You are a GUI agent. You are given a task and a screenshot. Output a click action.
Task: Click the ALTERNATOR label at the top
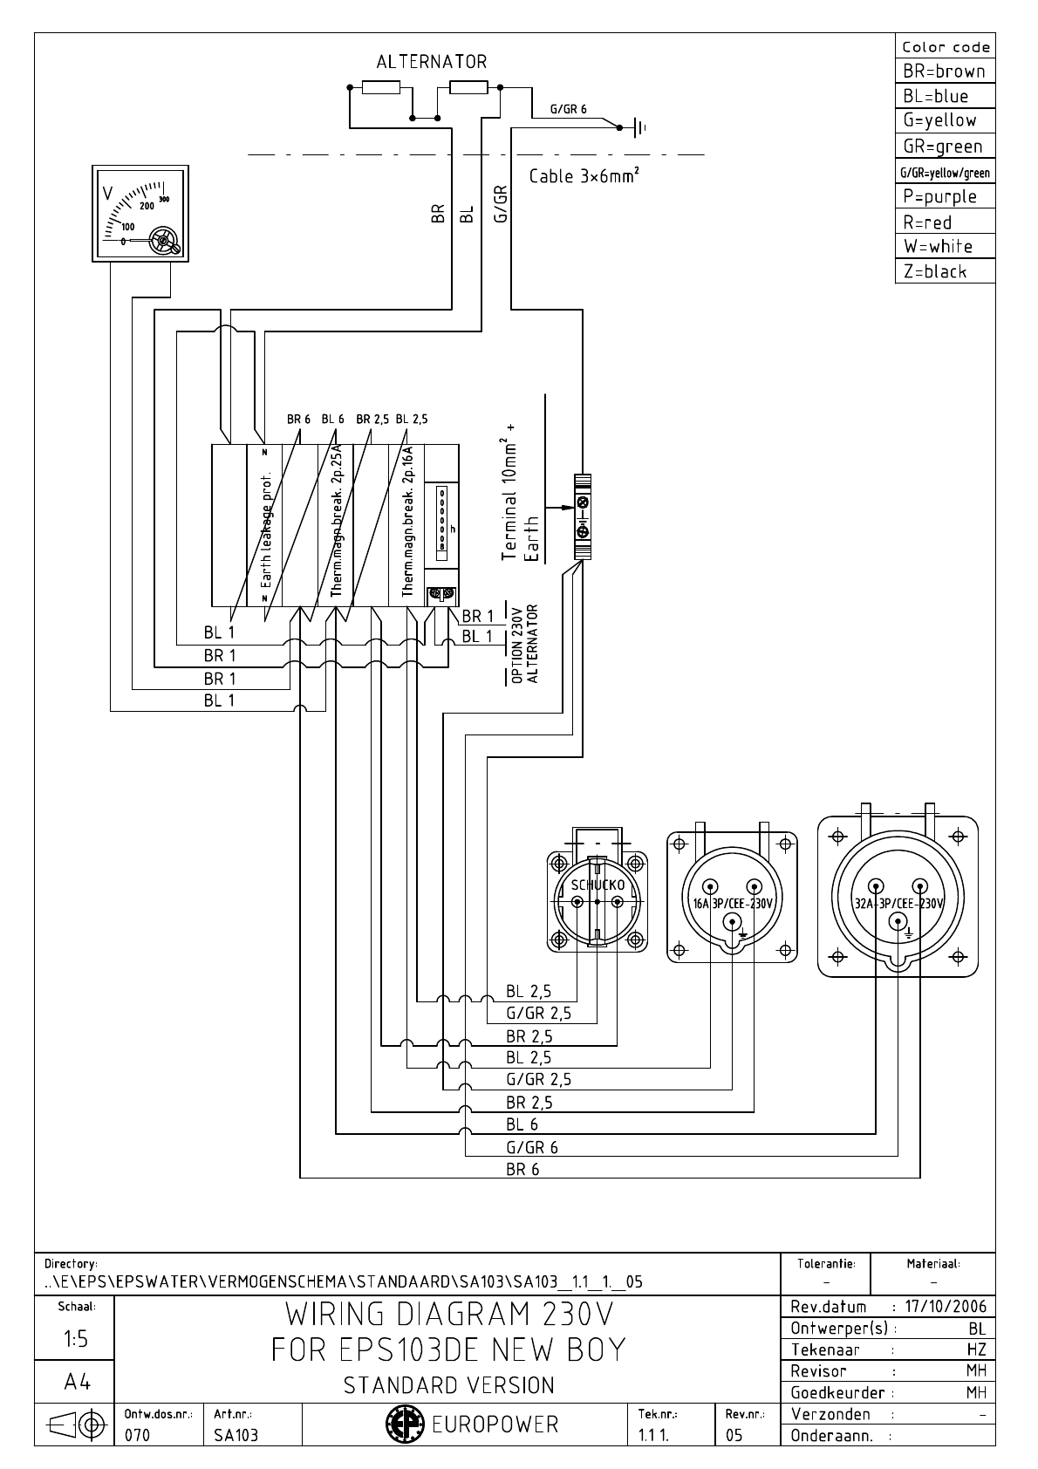[431, 62]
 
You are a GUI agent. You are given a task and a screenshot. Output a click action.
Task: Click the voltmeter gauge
[144, 213]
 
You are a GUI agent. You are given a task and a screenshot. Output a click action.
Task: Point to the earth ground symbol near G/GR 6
[639, 128]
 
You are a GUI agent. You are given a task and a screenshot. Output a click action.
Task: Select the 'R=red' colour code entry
[928, 222]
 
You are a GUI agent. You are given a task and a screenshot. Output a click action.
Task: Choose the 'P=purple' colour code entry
[939, 197]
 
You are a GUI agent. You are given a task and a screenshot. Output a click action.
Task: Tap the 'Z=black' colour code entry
[935, 272]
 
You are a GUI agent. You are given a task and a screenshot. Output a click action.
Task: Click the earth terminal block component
[583, 516]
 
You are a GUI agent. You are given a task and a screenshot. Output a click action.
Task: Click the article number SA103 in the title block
[236, 1435]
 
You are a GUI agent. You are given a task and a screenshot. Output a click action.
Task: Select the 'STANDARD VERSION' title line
[448, 1385]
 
